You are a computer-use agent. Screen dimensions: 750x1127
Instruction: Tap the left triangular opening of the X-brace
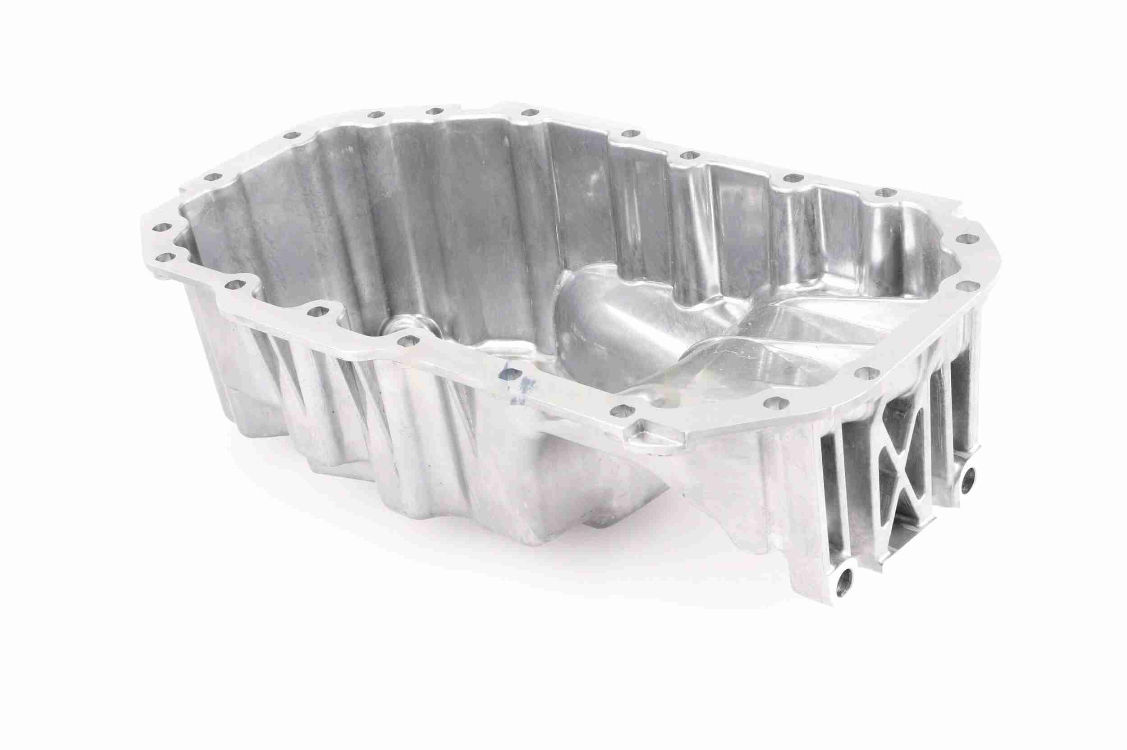coord(884,471)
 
